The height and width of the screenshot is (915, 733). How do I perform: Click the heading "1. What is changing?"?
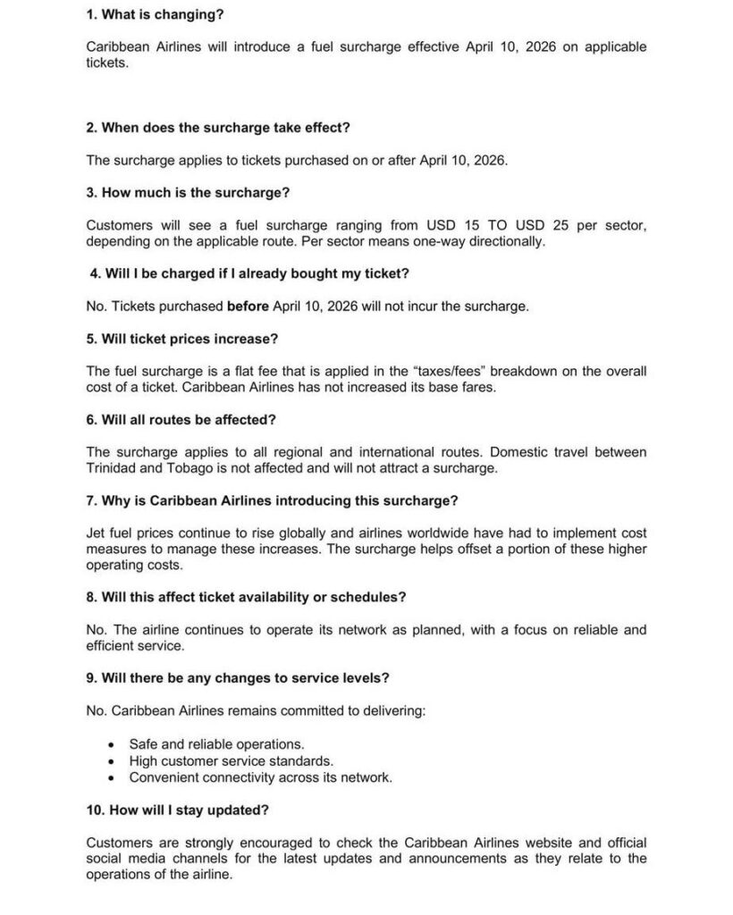(155, 14)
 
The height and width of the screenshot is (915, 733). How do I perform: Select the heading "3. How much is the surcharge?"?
(188, 192)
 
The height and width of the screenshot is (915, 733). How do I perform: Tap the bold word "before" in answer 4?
(248, 306)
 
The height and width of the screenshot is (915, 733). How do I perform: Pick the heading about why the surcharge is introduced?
(272, 500)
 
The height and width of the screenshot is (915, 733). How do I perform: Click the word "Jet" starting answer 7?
(97, 533)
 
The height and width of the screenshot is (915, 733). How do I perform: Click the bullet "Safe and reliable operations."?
(216, 743)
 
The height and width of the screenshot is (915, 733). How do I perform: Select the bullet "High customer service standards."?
(231, 760)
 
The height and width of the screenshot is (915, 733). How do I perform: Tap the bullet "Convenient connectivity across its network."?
(260, 777)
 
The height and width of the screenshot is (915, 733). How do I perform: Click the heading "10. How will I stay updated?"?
(178, 810)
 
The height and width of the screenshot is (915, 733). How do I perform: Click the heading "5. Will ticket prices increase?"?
(181, 339)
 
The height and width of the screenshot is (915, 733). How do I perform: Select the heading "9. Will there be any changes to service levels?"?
(238, 677)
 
